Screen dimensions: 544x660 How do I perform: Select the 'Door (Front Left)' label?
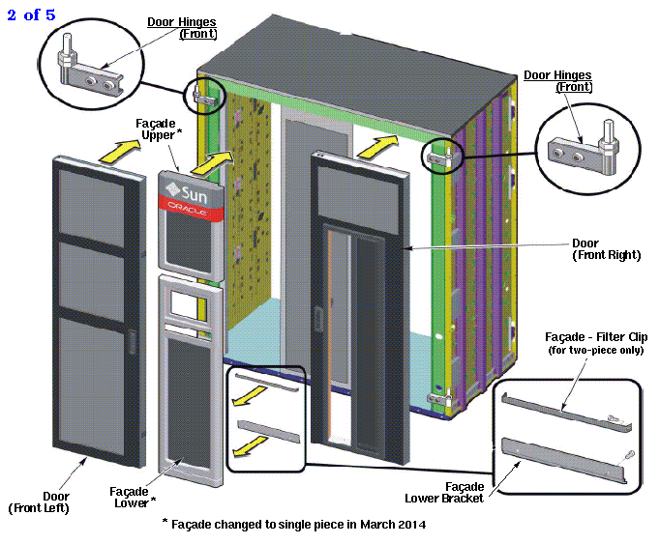(39, 501)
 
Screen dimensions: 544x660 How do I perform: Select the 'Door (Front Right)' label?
(606, 249)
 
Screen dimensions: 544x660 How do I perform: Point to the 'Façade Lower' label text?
(133, 496)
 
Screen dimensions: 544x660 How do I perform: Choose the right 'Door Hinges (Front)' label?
(558, 80)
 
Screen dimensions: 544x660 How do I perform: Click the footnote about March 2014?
(293, 524)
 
